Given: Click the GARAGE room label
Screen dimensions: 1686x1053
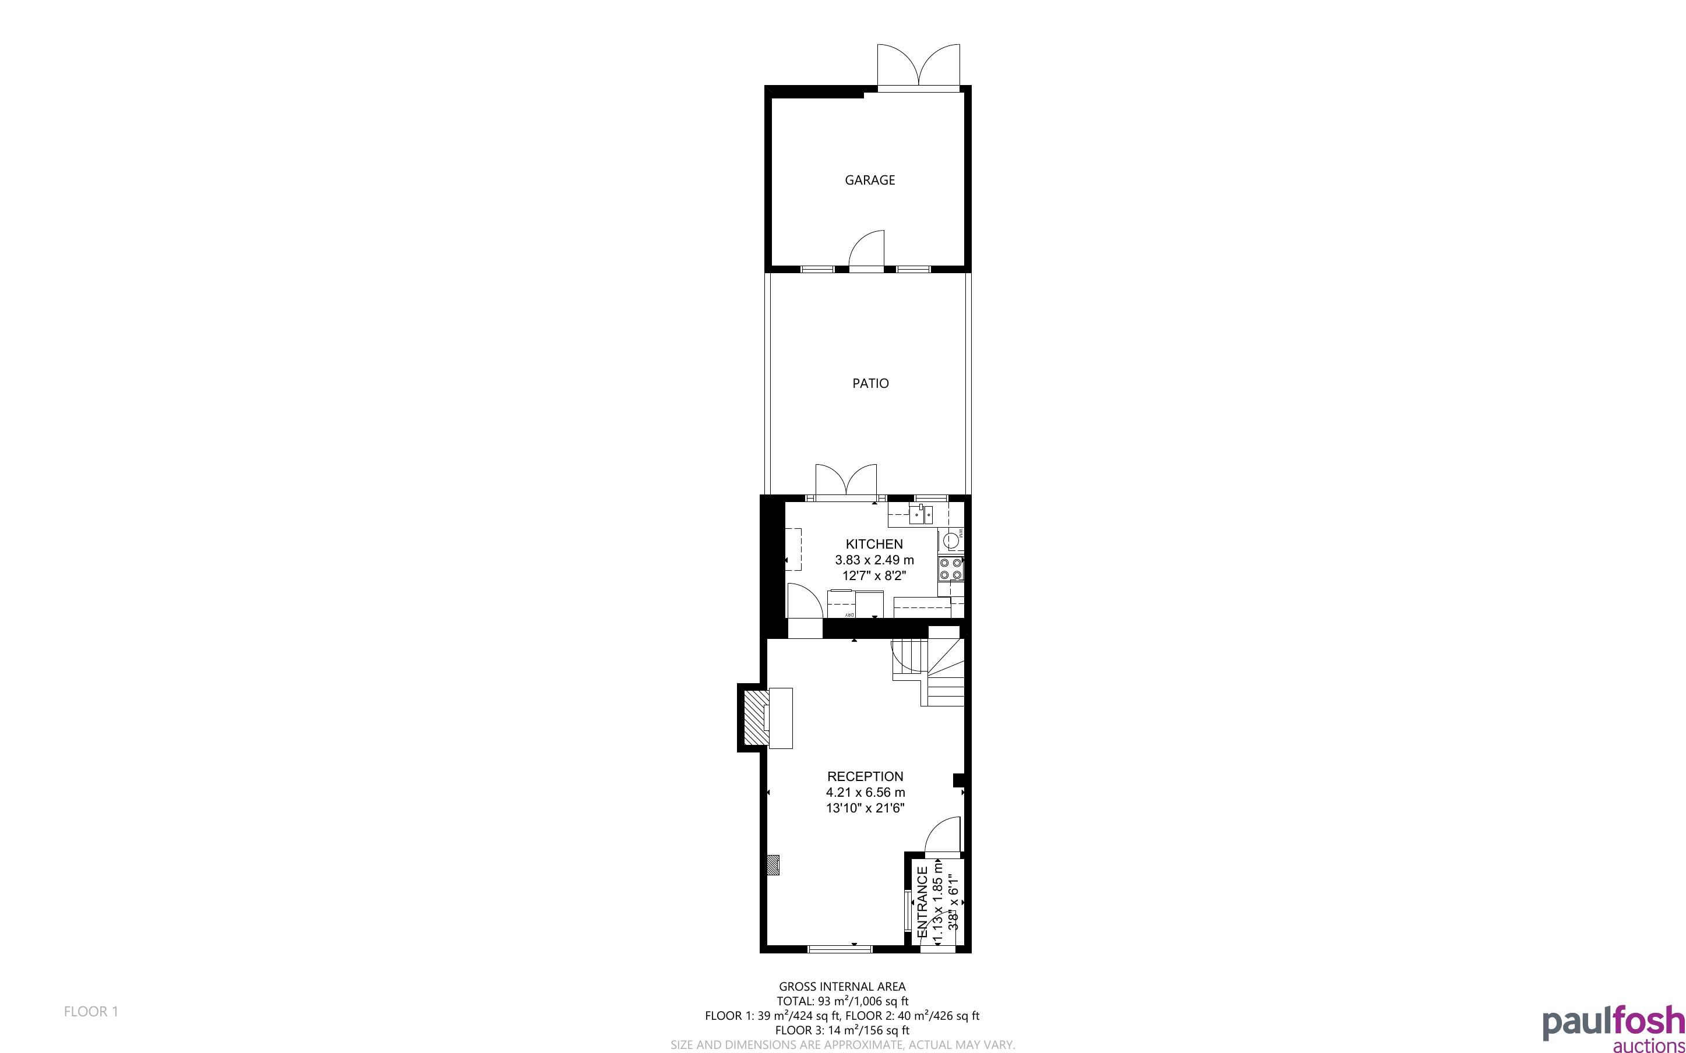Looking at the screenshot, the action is [870, 180].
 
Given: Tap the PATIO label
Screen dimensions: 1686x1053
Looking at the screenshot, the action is [870, 383].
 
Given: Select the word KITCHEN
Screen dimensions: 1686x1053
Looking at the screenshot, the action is [874, 544].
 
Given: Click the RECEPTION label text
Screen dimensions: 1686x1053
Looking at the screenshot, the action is [865, 776].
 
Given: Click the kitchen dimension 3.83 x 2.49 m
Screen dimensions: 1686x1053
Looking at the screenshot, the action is [874, 560].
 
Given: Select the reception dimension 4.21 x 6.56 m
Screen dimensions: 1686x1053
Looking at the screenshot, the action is [866, 792].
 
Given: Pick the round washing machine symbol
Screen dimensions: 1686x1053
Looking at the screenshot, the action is [950, 539].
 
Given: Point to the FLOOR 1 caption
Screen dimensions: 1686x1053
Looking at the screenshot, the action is [91, 1011].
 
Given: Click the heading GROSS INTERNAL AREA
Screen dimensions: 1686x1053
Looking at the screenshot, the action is [842, 986].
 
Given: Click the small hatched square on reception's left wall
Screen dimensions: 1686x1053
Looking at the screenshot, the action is [773, 865].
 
